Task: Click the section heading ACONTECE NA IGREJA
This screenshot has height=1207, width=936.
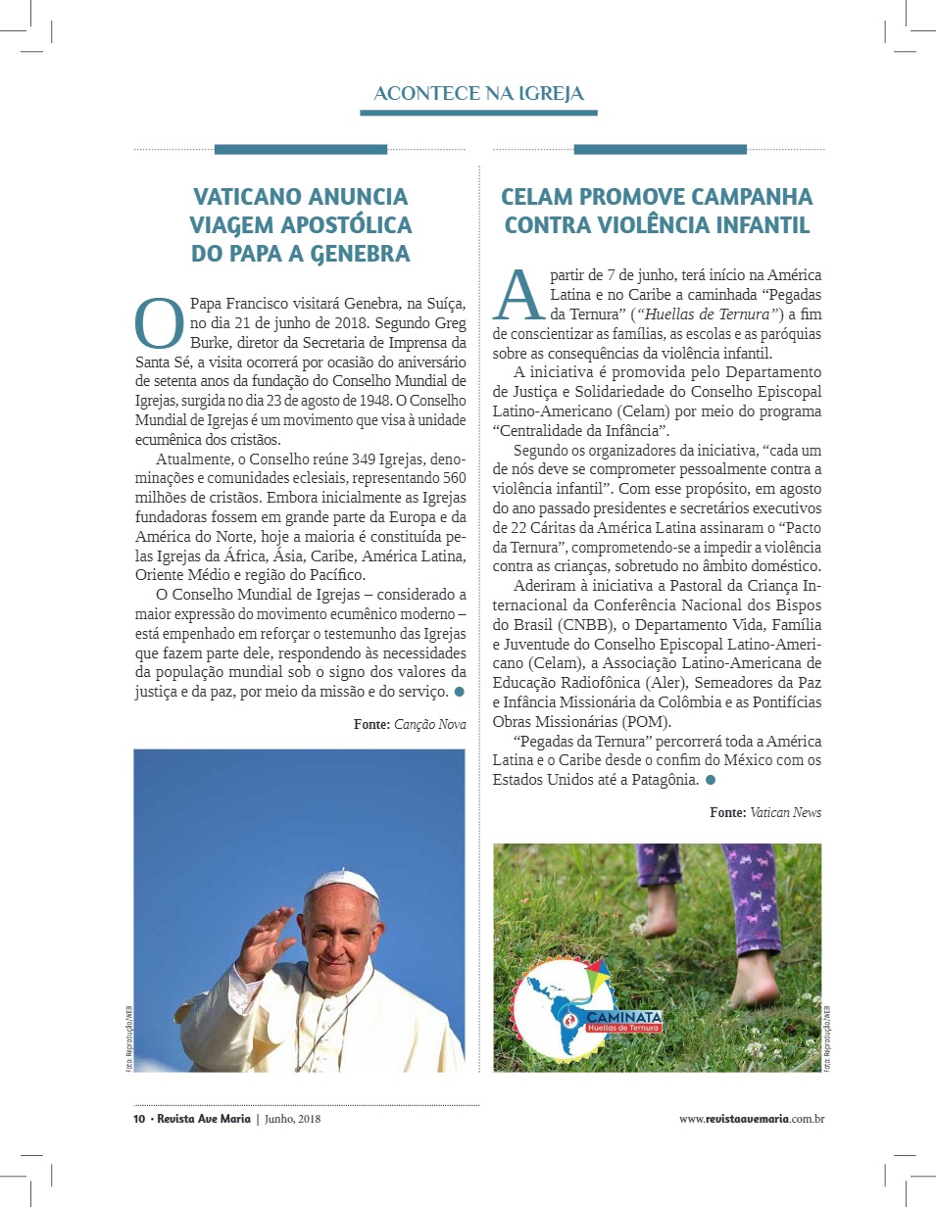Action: [x=478, y=94]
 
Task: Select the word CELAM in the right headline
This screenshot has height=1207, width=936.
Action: [x=544, y=197]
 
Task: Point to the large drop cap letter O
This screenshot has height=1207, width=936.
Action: [x=158, y=322]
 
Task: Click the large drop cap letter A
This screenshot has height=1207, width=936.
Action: [x=518, y=293]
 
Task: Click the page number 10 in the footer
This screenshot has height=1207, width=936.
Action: [x=139, y=1119]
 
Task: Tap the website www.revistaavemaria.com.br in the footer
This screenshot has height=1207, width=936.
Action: [x=751, y=1119]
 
